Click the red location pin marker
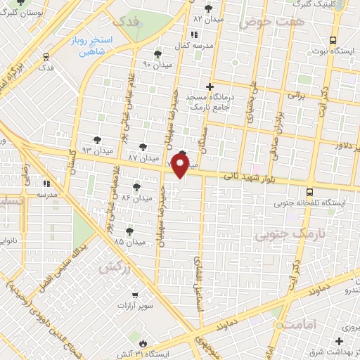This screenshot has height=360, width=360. click(x=180, y=166)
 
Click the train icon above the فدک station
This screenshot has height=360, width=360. click(x=46, y=56)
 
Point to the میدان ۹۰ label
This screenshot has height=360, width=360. click(x=157, y=64)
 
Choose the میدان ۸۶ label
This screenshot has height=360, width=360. click(x=137, y=198)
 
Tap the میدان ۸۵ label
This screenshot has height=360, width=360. click(x=130, y=241)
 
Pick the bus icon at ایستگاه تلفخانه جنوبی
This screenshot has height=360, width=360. click(x=310, y=190)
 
